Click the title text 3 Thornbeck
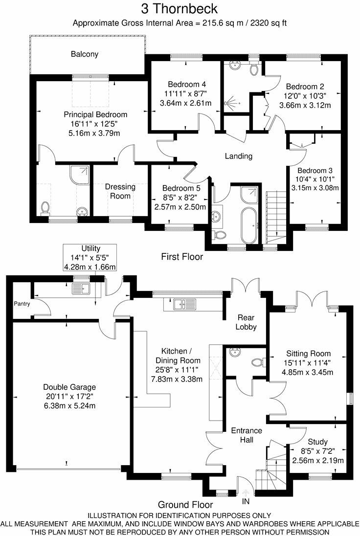(x=180, y=9)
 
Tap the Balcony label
(x=84, y=54)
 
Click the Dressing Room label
(x=120, y=191)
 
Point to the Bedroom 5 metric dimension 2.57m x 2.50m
(x=180, y=207)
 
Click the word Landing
(x=238, y=156)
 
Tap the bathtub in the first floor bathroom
(x=249, y=224)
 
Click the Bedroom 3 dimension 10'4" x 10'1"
(x=315, y=179)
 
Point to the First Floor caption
(x=182, y=256)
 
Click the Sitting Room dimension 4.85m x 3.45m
(x=309, y=372)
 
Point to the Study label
(x=317, y=442)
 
